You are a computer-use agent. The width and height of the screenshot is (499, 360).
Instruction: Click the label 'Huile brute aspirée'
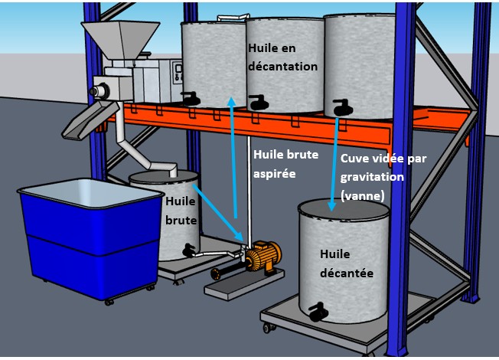pos(285,164)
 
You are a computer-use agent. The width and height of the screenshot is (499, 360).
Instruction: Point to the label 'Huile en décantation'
pos(282,57)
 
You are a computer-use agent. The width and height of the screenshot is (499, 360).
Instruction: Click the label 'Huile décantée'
pos(347,263)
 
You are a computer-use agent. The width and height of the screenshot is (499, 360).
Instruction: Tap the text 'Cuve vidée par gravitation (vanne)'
pos(383,177)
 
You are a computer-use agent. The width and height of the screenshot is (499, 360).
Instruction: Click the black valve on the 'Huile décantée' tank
pos(318,312)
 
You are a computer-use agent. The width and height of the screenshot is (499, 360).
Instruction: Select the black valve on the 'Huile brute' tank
pos(189,250)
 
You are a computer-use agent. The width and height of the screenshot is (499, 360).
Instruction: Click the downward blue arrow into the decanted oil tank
pos(334,165)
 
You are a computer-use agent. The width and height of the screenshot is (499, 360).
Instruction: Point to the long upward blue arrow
pos(233,157)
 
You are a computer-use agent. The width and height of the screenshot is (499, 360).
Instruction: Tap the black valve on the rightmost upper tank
pos(343,107)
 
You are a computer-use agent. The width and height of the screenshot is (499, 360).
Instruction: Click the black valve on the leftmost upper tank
pos(191,99)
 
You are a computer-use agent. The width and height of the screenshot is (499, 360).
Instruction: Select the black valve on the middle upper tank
pos(259,103)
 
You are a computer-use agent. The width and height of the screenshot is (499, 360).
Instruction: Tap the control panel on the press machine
pos(178,74)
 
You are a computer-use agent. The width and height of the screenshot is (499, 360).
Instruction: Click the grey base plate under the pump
pos(244,283)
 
